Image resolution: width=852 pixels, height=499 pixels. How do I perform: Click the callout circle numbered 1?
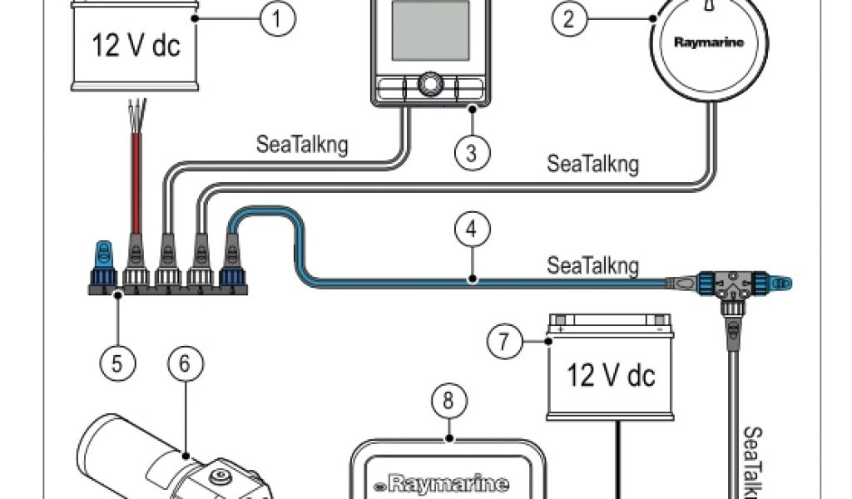click(x=278, y=19)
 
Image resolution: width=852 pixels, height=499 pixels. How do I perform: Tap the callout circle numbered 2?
click(x=569, y=19)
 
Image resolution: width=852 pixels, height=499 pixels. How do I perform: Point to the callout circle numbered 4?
click(x=471, y=230)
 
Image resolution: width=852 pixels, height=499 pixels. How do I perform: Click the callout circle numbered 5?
click(x=117, y=363)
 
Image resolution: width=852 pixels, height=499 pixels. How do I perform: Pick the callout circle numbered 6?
click(x=185, y=363)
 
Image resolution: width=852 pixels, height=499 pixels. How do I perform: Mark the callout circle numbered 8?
click(x=448, y=402)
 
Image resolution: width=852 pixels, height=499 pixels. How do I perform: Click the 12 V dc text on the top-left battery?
click(x=135, y=46)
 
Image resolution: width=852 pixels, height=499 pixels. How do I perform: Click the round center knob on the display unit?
click(x=429, y=84)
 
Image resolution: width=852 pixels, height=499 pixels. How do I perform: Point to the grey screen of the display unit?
click(x=429, y=30)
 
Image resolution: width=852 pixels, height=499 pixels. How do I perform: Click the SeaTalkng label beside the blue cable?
click(x=592, y=266)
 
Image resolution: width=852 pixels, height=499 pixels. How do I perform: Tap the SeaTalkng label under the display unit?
click(x=301, y=145)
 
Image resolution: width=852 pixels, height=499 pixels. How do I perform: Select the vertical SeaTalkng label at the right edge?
click(x=753, y=462)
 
